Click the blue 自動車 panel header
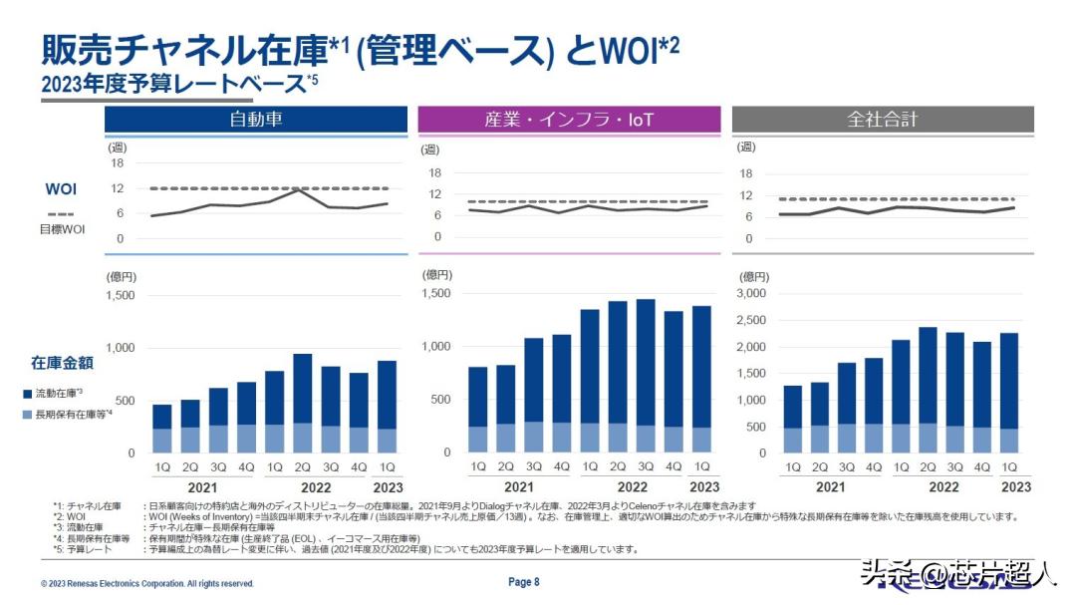[x=256, y=120]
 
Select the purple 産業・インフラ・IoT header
[x=568, y=120]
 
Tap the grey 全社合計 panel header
[x=882, y=120]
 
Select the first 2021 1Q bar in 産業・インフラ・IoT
[x=478, y=410]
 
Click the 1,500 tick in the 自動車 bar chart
[x=120, y=296]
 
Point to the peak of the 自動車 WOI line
[x=299, y=189]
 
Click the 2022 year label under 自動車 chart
[x=316, y=487]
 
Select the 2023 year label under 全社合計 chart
[x=1015, y=487]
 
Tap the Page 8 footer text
[x=523, y=582]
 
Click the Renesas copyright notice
[x=147, y=583]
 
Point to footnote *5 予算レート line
[x=349, y=549]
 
